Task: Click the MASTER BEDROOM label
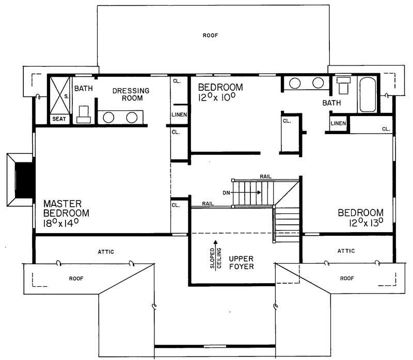(x=66, y=208)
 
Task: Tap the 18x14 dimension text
(x=66, y=223)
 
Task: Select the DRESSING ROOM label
(x=131, y=94)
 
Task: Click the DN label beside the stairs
(x=226, y=193)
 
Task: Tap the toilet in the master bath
(x=84, y=114)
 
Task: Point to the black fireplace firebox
(x=24, y=179)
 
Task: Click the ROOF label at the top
(x=211, y=36)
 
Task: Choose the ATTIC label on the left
(x=105, y=252)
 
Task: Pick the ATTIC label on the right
(x=346, y=251)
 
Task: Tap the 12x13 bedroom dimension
(x=360, y=223)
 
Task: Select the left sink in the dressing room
(x=109, y=117)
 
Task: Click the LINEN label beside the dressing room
(x=179, y=114)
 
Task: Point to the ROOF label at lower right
(x=346, y=278)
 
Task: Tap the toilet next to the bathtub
(x=343, y=86)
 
